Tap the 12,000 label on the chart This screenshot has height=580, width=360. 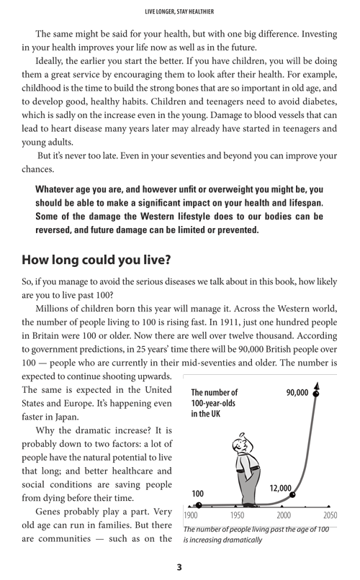coord(280,488)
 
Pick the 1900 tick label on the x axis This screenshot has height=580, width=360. coord(192,515)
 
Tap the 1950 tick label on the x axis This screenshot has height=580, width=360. coord(237,515)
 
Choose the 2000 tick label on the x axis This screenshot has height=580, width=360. coord(284,515)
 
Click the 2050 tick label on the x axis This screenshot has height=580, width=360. coord(329,515)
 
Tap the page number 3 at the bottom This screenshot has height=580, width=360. coord(179,567)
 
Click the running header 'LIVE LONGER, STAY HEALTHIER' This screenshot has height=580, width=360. coord(180,10)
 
